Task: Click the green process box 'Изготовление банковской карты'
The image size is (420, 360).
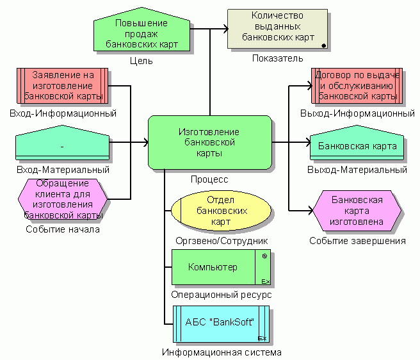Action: coord(209,143)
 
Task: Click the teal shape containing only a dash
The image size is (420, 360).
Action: coord(61,147)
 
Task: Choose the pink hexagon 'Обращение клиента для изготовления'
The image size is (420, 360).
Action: coord(61,199)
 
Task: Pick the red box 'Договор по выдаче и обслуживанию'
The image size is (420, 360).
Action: coord(357,86)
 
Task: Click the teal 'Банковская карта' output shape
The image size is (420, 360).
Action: coord(357,147)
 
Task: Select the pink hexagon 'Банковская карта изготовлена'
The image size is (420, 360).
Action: coord(357,211)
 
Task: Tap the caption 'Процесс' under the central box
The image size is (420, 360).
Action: coord(209,180)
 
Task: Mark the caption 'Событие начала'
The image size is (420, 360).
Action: coord(63,229)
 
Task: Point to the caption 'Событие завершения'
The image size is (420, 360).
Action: coord(357,241)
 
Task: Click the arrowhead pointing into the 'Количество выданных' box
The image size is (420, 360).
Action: coord(225,28)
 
